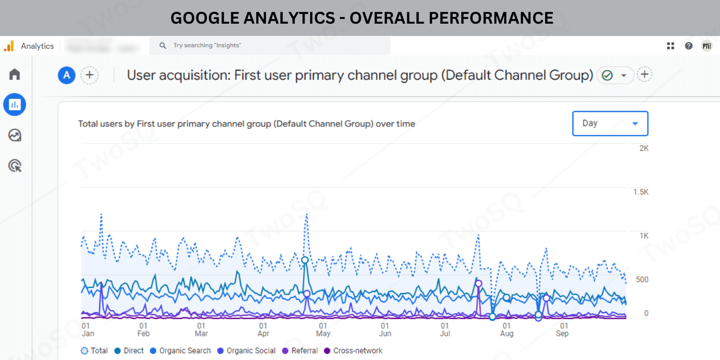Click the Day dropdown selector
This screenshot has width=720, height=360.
tap(610, 123)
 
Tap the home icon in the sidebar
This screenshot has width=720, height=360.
tap(14, 74)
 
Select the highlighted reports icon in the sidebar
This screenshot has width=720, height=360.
tap(14, 104)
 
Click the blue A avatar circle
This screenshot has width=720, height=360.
tap(66, 76)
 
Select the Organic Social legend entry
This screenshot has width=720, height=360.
tap(246, 351)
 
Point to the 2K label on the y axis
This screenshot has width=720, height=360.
tap(643, 148)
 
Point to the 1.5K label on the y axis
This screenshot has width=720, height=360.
tap(641, 192)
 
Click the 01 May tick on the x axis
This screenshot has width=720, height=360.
tap(323, 330)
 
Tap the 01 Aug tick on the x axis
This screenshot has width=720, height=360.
tap(507, 330)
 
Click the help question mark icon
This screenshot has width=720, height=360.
tap(689, 46)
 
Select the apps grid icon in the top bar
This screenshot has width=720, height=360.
tap(671, 46)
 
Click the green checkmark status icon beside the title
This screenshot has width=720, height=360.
tap(607, 76)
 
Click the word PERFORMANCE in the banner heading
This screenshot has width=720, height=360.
tap(491, 18)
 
